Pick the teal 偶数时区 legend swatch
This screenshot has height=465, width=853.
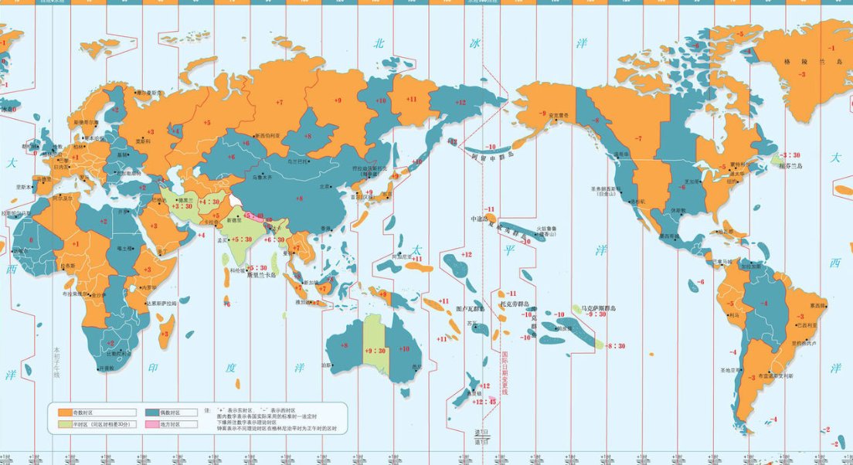(151, 413)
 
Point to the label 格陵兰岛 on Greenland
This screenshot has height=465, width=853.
(804, 62)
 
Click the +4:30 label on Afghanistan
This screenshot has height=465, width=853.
(209, 202)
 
